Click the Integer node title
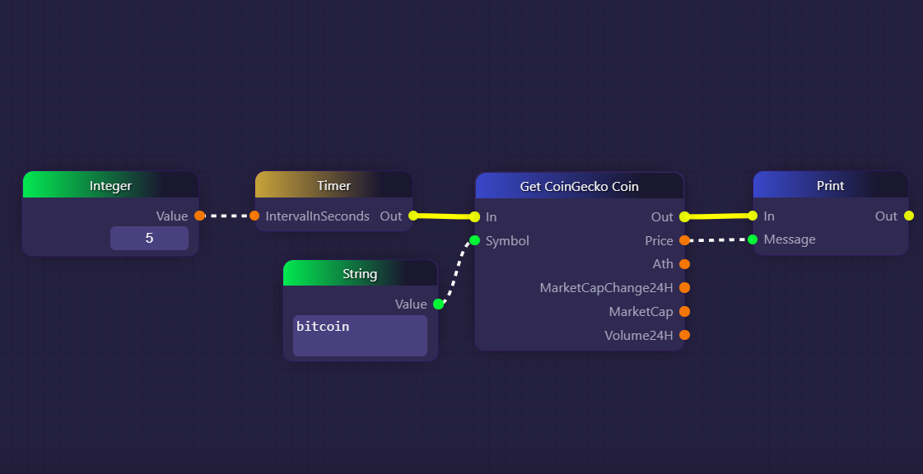[x=110, y=185]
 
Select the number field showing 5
[x=149, y=239]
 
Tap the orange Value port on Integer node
[x=199, y=216]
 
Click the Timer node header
[x=333, y=185]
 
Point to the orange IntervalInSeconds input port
[x=254, y=216]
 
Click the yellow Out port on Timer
[x=413, y=216]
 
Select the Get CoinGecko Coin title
[x=579, y=186]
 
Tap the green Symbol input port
[x=474, y=240]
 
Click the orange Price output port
[x=684, y=240]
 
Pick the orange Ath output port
[x=684, y=264]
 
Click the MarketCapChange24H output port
[x=684, y=288]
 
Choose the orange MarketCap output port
[x=684, y=312]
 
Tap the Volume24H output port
[x=684, y=335]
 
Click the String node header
[x=360, y=273]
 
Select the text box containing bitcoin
[x=360, y=336]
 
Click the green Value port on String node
[x=438, y=304]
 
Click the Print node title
[x=830, y=185]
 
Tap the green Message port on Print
[x=753, y=239]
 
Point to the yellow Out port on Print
[x=908, y=216]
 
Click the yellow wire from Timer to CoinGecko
[x=444, y=216]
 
